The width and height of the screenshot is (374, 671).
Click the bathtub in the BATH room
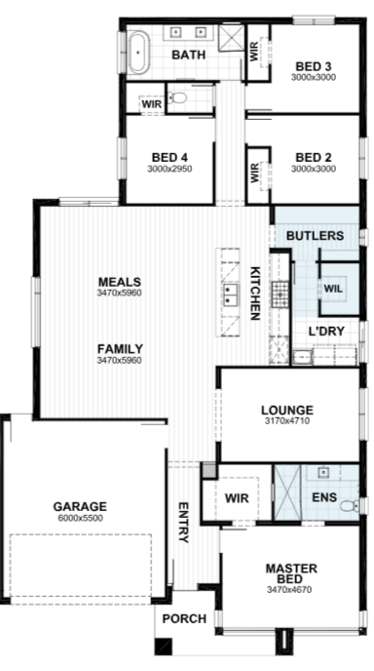tap(138, 53)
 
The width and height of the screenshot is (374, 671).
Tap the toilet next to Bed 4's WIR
tap(176, 98)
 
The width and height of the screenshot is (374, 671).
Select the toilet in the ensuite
tap(350, 506)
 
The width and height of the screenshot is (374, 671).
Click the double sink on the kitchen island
tap(228, 295)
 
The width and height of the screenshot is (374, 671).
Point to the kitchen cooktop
tap(280, 294)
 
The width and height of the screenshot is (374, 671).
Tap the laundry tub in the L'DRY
tap(303, 356)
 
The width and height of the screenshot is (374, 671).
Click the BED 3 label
tap(314, 66)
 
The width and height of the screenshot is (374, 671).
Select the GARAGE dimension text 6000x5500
tap(80, 518)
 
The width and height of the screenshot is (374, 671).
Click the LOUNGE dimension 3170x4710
tap(287, 421)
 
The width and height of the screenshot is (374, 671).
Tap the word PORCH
tap(184, 618)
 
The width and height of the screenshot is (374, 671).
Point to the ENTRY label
tap(183, 523)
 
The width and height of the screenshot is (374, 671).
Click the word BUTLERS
tap(315, 236)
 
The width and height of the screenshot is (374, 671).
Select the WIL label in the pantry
tap(333, 289)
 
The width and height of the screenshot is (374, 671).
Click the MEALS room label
tap(119, 282)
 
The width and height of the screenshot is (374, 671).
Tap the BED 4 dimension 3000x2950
tap(169, 169)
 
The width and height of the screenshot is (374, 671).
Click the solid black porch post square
tap(163, 647)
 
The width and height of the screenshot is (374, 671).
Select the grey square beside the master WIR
tap(209, 470)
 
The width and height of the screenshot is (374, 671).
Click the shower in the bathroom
tap(231, 38)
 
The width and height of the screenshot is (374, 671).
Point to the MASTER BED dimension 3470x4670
tap(289, 590)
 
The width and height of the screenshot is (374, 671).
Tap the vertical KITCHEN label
tap(255, 294)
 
